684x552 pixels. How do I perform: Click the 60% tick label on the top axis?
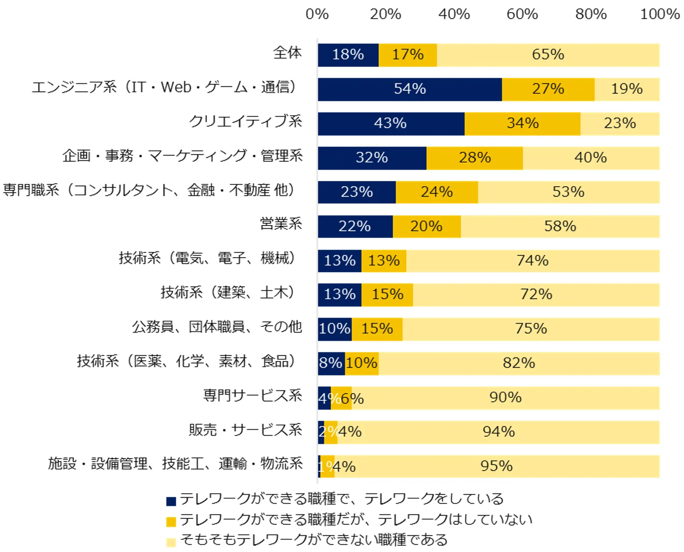[x=522, y=14]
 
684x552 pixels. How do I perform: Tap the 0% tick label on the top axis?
[x=317, y=14]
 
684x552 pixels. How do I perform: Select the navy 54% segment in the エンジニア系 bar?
[x=410, y=89]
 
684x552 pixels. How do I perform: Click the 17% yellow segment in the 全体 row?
[x=407, y=55]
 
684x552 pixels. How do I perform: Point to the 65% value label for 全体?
[x=548, y=55]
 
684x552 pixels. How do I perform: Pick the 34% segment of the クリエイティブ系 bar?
[x=522, y=124]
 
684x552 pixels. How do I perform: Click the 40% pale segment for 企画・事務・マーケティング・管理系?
[x=591, y=158]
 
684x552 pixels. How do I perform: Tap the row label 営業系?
[x=281, y=224]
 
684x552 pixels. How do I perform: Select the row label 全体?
[x=288, y=53]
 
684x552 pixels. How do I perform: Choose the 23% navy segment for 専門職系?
[x=356, y=192]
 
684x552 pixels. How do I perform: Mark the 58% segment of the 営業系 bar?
[x=560, y=226]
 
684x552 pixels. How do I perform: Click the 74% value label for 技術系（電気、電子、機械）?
[x=532, y=261]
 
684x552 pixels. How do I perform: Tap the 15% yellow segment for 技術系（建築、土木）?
[x=387, y=294]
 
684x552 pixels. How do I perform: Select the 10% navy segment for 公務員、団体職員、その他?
[x=335, y=329]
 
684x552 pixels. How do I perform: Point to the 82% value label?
[x=519, y=363]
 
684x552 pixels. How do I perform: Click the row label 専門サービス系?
[x=253, y=396]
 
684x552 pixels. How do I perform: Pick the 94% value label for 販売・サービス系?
[x=499, y=432]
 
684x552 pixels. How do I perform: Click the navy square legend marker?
[x=171, y=501]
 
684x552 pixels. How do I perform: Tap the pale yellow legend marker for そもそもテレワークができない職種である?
[x=171, y=542]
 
